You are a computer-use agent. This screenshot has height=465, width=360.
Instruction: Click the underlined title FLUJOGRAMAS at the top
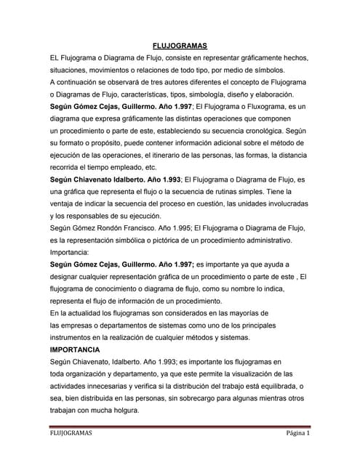(x=180, y=45)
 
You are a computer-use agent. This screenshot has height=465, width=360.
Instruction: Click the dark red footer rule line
(x=180, y=426)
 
